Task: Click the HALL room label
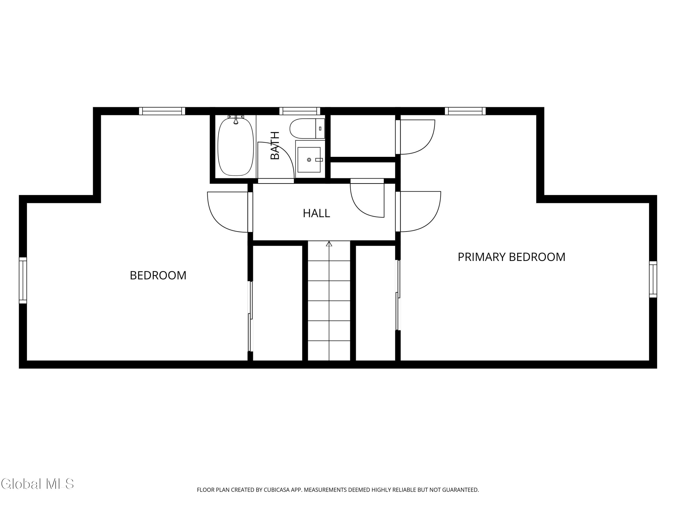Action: pyautogui.click(x=316, y=213)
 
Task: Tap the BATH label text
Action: pyautogui.click(x=275, y=146)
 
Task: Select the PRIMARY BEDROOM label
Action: pyautogui.click(x=511, y=257)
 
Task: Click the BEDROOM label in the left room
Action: pyautogui.click(x=158, y=275)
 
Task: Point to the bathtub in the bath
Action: pyautogui.click(x=236, y=147)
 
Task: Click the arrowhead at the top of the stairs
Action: pyautogui.click(x=329, y=244)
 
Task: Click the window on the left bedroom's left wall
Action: pyautogui.click(x=23, y=281)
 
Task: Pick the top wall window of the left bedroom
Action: pyautogui.click(x=162, y=111)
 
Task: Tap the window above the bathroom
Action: pyautogui.click(x=299, y=111)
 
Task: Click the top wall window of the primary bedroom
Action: pyautogui.click(x=465, y=111)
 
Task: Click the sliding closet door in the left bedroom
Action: pyautogui.click(x=251, y=316)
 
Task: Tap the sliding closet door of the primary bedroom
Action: pyautogui.click(x=398, y=295)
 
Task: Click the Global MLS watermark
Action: pyautogui.click(x=37, y=484)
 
